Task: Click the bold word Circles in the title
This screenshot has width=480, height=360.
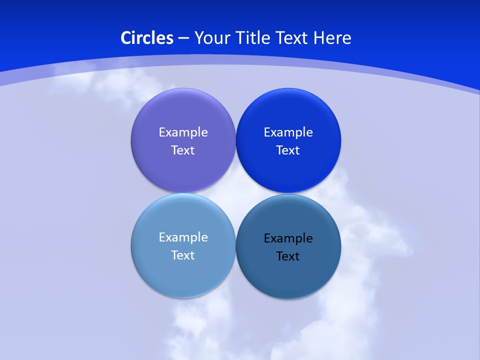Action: (x=147, y=38)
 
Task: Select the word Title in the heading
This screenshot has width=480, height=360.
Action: (x=255, y=38)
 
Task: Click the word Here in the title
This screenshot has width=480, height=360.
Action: (x=332, y=38)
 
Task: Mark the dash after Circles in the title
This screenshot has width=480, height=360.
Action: (x=183, y=38)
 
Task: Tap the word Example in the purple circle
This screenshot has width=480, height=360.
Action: (x=183, y=132)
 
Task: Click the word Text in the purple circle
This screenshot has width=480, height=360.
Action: (x=183, y=150)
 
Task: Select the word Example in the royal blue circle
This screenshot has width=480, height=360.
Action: (x=288, y=132)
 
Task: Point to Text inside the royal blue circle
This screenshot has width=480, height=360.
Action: (x=288, y=150)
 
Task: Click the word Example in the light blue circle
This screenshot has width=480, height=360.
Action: (x=183, y=237)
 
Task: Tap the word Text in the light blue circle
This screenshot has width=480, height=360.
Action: (x=183, y=255)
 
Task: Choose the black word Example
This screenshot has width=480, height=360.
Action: (x=288, y=238)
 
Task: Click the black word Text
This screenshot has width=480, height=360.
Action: (x=288, y=256)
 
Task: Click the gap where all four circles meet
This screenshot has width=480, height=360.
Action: (x=235, y=193)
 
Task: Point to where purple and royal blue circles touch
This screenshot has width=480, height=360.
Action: (x=235, y=140)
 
